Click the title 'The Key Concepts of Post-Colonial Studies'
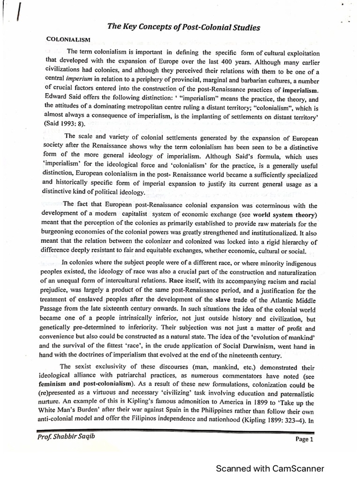[x=183, y=28]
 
